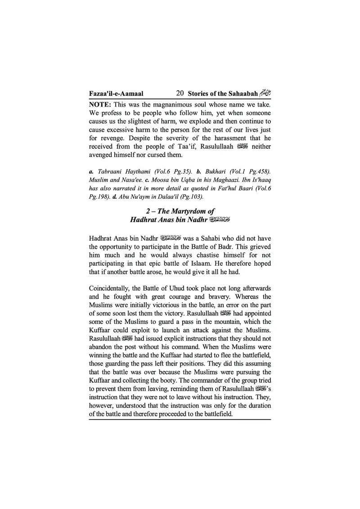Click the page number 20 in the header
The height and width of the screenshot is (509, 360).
coord(180,94)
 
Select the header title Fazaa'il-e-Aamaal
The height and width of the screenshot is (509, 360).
coord(116,94)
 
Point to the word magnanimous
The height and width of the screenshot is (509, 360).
coord(177,104)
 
